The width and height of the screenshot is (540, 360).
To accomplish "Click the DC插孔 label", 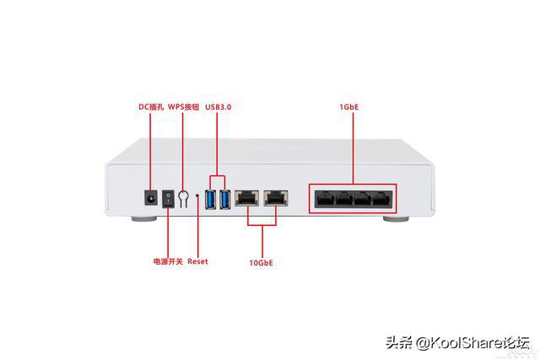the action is point(151,107).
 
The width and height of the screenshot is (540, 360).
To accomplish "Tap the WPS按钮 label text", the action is point(184,107).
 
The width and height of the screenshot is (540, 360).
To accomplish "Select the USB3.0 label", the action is point(219,107).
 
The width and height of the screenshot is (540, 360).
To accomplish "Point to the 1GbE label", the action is point(349,107).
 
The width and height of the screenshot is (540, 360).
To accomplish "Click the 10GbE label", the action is point(261,263).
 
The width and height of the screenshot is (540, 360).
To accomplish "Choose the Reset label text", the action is point(197,261).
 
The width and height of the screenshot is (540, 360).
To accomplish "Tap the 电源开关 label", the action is point(168,261).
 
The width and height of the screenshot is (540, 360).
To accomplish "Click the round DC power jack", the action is point(151,198).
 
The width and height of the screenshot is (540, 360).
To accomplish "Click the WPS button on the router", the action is point(183,199).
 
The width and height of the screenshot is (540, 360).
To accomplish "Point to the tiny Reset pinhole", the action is point(197,196).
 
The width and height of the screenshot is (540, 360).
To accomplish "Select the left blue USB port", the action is point(210,199).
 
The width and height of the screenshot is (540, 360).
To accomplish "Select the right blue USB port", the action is point(225,199).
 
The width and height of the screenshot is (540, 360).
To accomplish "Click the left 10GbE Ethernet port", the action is point(247,198).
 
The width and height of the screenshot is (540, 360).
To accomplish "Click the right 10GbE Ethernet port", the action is point(276,198).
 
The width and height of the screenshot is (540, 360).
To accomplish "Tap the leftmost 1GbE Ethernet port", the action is point(324,199).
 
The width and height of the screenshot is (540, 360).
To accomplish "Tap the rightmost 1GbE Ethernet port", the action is point(382,199).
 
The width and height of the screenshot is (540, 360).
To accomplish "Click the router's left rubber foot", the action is point(144,218).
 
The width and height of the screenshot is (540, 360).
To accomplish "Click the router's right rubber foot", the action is point(396,218).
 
